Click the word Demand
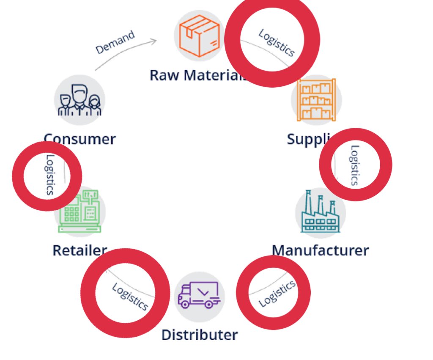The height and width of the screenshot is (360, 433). [x=115, y=42]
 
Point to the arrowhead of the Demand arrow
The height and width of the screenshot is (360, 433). [x=155, y=41]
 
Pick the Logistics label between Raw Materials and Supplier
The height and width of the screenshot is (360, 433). [x=276, y=43]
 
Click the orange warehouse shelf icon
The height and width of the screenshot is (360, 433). [x=316, y=100]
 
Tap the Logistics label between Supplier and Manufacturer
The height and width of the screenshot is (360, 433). [x=354, y=165]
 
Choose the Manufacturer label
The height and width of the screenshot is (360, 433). [x=320, y=250]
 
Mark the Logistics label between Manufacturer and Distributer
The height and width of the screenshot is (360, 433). [x=277, y=294]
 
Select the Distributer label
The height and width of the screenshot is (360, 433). [x=199, y=335]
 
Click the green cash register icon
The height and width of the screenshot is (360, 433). [x=80, y=211]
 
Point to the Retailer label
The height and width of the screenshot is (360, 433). [x=79, y=250]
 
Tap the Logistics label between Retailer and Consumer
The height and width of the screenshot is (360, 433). [x=49, y=175]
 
